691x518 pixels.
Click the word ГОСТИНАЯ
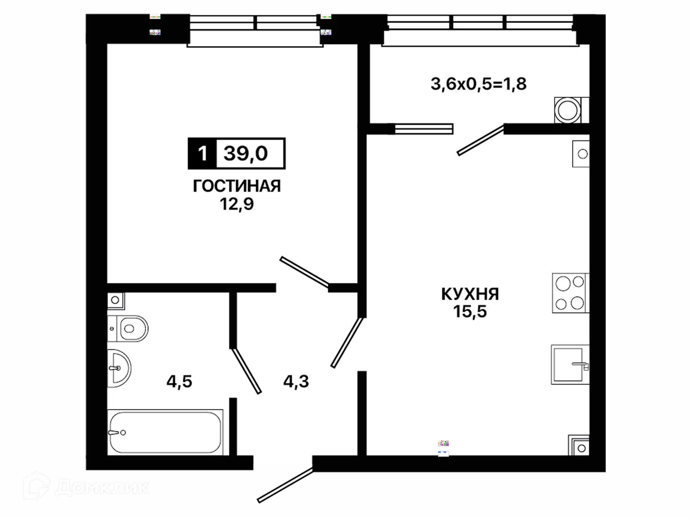tap(237, 186)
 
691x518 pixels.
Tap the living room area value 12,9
tap(237, 204)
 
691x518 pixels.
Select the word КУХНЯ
tap(470, 294)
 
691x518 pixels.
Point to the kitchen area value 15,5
tap(470, 311)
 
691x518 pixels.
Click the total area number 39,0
tap(246, 153)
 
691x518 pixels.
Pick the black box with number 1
tap(202, 153)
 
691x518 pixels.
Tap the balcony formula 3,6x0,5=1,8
tap(478, 84)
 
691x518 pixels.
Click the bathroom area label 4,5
tap(179, 381)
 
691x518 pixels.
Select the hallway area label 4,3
tap(296, 381)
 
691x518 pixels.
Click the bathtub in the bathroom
tap(165, 432)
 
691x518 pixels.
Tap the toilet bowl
tap(128, 329)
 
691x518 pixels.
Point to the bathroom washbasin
tap(119, 368)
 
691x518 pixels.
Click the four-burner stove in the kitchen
tap(571, 293)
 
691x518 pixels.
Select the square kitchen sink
tap(570, 365)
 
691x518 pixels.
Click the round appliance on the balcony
tap(568, 110)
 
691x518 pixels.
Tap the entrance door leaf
tap(286, 485)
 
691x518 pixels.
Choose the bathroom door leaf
tap(246, 371)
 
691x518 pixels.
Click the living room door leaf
tap(304, 272)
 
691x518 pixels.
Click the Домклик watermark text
tap(102, 488)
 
